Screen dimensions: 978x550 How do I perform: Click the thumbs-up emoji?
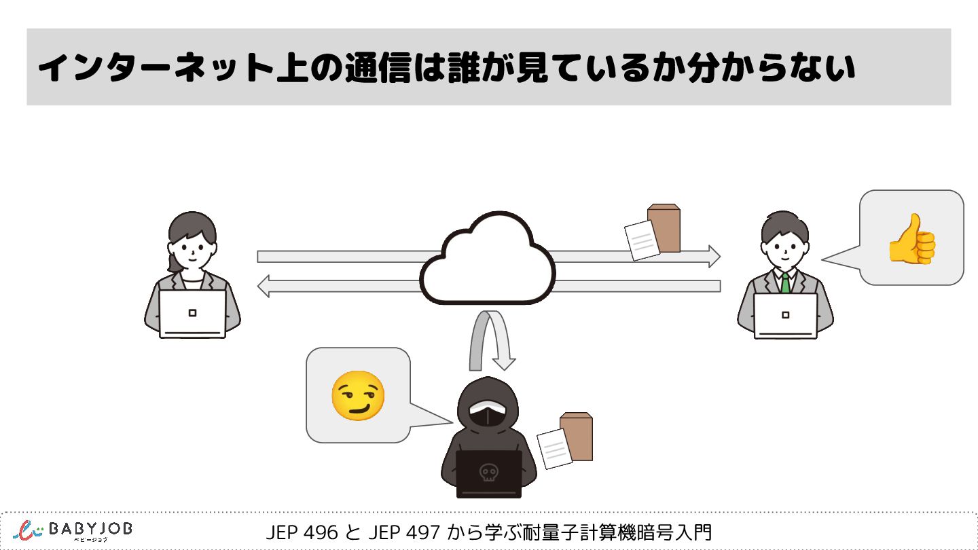[912, 238]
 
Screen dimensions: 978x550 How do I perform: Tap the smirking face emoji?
[358, 395]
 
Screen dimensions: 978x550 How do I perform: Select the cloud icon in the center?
[488, 261]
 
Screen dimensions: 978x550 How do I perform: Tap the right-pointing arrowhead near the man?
[713, 256]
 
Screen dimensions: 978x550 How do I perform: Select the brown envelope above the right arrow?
[664, 227]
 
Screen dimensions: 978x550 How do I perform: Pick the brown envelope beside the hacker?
[577, 436]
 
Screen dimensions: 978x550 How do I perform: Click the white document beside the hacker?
[555, 447]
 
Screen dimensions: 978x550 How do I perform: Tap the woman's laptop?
[192, 314]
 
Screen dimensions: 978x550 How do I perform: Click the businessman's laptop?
[785, 315]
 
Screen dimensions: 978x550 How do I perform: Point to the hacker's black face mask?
[487, 416]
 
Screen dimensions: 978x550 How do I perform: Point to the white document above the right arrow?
[642, 240]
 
